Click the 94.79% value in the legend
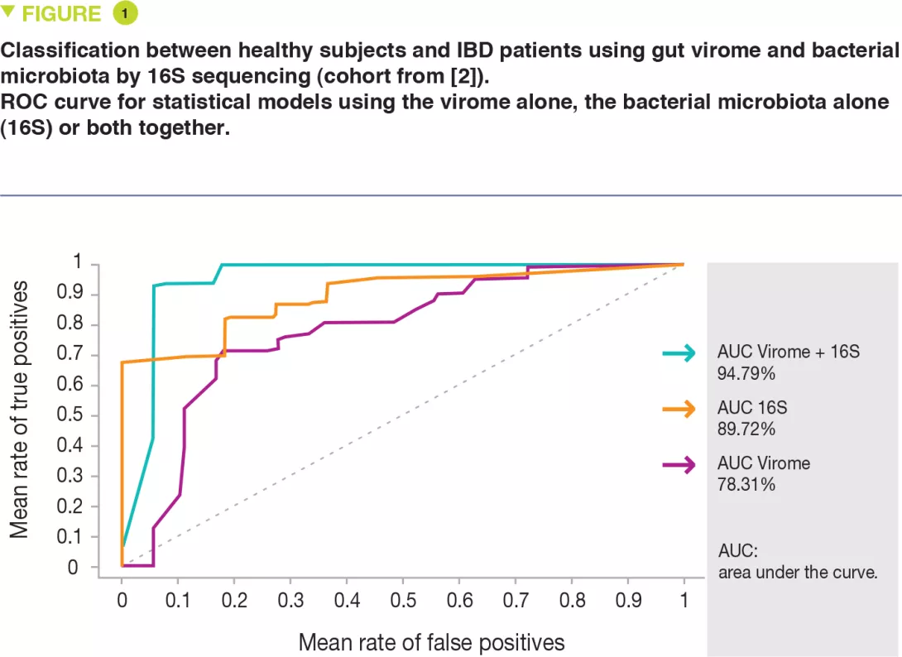pyautogui.click(x=746, y=374)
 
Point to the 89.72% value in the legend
pyautogui.click(x=746, y=429)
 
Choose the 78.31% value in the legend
pyautogui.click(x=746, y=485)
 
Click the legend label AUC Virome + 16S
pyautogui.click(x=789, y=352)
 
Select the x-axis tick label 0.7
pyautogui.click(x=515, y=599)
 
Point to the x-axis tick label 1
pyautogui.click(x=684, y=599)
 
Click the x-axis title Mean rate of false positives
pyautogui.click(x=431, y=641)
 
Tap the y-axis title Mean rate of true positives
pyautogui.click(x=20, y=410)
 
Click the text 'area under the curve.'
pyautogui.click(x=798, y=572)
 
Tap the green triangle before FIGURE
pyautogui.click(x=9, y=12)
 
